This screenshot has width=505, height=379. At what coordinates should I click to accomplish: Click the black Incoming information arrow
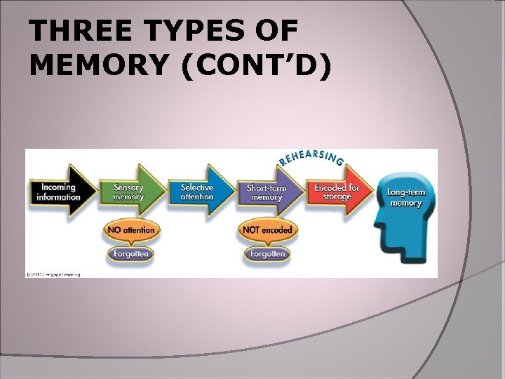point(60,192)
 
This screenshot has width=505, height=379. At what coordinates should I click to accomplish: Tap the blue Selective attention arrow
point(198,192)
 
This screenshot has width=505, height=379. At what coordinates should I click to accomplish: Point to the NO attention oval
point(130,230)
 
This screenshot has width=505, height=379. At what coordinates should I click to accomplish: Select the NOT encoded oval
point(267,230)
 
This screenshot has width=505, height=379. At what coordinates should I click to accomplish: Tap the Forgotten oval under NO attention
point(130,253)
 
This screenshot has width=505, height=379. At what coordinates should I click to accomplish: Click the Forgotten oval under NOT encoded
point(267,253)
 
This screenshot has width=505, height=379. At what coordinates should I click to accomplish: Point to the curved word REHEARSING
point(311,157)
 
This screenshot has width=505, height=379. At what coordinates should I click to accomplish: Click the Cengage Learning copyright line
point(53,274)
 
